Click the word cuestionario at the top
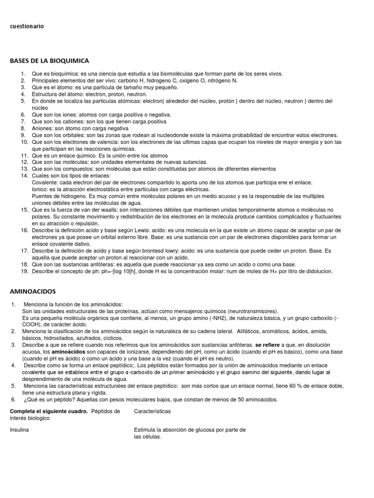pos(27,26)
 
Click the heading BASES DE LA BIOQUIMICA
pos(49,61)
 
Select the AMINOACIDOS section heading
pos(33,291)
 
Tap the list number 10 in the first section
pos(24,142)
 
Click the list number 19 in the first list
pos(24,271)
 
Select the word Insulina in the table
pos(21,430)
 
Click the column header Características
pos(152,411)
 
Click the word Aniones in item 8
pos(42,128)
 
